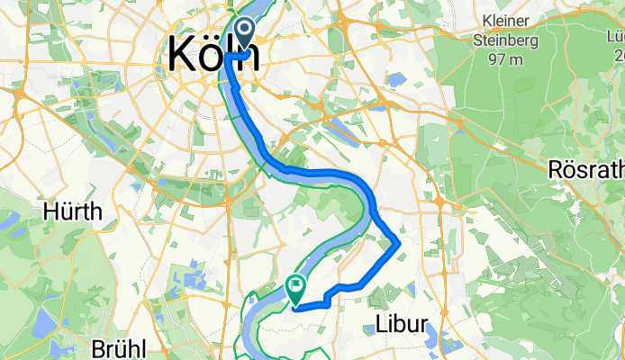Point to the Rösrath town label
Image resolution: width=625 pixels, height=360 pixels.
(x=586, y=169)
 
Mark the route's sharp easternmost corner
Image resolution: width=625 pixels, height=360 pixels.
(x=399, y=240)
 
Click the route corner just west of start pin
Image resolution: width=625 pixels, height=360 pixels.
(x=227, y=56)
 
